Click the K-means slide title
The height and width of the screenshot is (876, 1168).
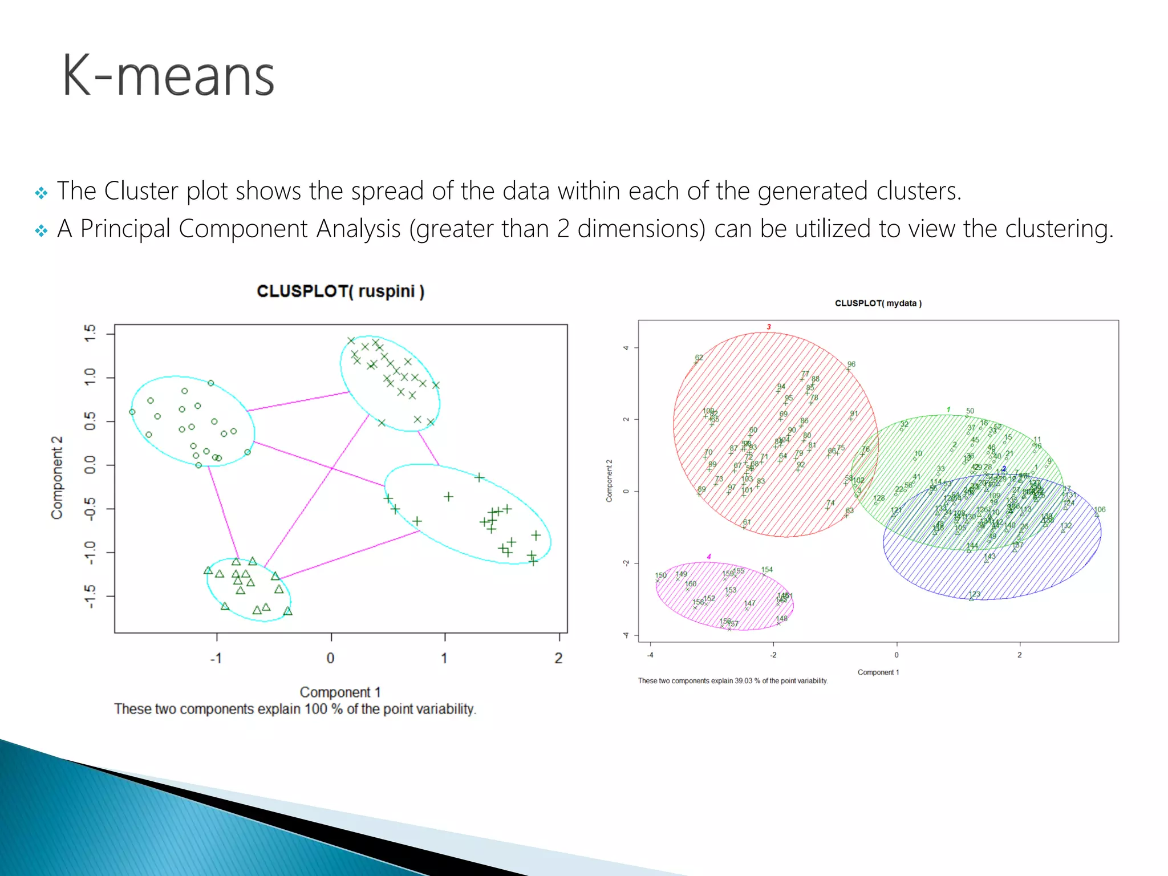point(168,76)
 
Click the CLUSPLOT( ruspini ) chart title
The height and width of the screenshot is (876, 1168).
point(340,291)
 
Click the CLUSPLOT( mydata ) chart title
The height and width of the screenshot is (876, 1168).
point(878,303)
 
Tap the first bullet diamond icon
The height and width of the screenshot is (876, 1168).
point(41,193)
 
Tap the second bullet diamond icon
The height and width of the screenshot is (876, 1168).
point(41,230)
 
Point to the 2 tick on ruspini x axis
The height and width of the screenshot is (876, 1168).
point(558,658)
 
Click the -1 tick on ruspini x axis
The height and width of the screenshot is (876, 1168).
point(216,658)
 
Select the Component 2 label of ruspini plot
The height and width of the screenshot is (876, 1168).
point(57,478)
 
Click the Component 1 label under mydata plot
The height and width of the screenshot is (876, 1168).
point(878,672)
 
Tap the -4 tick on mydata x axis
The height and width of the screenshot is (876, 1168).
point(650,655)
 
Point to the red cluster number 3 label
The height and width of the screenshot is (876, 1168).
point(768,327)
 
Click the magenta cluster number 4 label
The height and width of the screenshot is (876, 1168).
point(708,557)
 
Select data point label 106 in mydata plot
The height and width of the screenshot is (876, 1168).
point(1099,509)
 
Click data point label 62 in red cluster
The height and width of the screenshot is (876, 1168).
point(699,358)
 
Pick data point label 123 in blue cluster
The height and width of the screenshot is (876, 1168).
point(975,594)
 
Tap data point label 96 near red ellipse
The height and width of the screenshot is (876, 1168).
point(851,364)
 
